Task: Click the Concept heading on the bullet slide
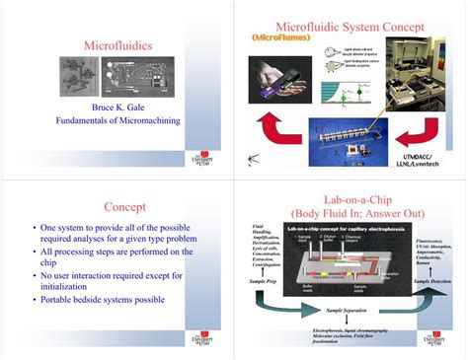(x=124, y=207)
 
